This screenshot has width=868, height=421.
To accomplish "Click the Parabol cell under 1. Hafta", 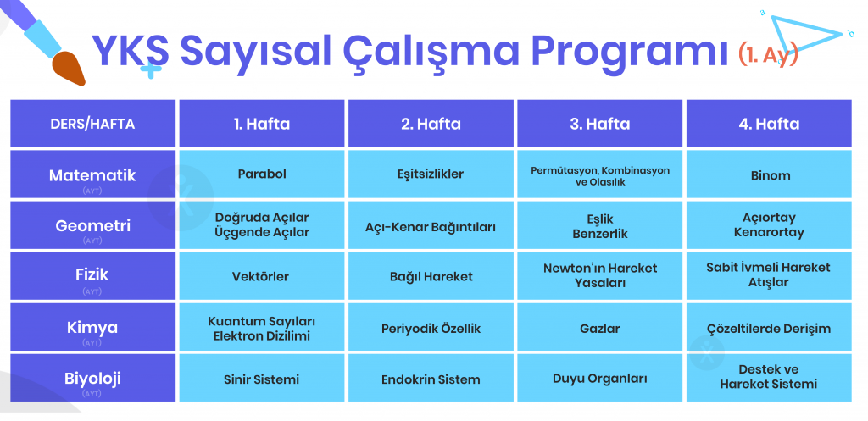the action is coord(262,174).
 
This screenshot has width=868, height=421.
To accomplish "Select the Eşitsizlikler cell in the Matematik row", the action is coord(431,174).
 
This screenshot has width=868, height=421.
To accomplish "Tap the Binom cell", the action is coord(769,174).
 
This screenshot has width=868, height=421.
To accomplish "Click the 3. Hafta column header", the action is coord(599,124).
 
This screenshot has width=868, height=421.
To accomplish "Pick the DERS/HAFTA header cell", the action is coord(93,124).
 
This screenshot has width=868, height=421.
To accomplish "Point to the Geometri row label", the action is coord(93,225).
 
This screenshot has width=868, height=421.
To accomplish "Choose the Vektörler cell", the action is coord(262,276).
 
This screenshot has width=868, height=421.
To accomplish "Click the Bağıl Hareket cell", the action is coord(431,276).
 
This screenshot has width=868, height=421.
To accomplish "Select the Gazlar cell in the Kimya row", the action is coord(599,327).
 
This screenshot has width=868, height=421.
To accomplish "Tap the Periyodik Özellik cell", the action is coord(431,327).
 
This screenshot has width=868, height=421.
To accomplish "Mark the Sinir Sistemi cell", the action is coord(262,378).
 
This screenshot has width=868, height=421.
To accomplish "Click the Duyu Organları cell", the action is coord(599,378).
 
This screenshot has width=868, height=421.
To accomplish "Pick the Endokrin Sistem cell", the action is coord(431,378).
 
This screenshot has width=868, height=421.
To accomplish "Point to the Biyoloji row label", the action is coord(93,378).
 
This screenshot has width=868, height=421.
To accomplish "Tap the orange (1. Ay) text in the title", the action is coord(768,55).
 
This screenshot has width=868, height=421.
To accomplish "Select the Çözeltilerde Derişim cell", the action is coord(769,327).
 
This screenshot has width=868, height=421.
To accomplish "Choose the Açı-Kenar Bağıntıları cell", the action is coord(431,225).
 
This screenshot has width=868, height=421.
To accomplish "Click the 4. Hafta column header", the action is coord(769,124).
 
